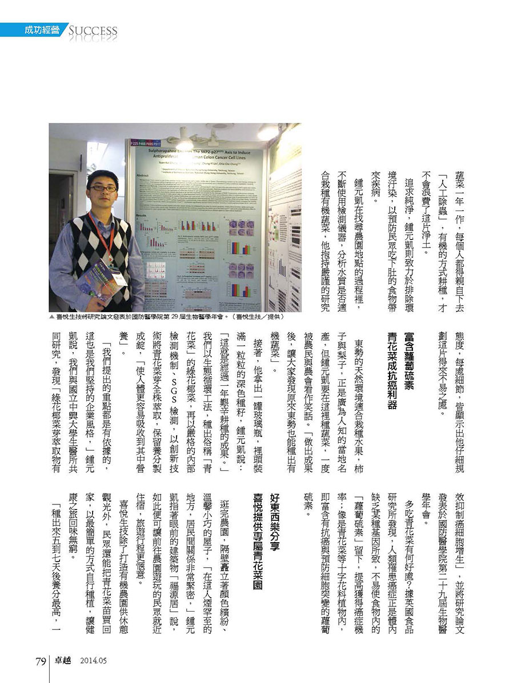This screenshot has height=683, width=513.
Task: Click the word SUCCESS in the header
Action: coord(93,30)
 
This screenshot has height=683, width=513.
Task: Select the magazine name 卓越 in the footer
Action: coord(62,661)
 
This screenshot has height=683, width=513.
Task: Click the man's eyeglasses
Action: coord(103,188)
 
